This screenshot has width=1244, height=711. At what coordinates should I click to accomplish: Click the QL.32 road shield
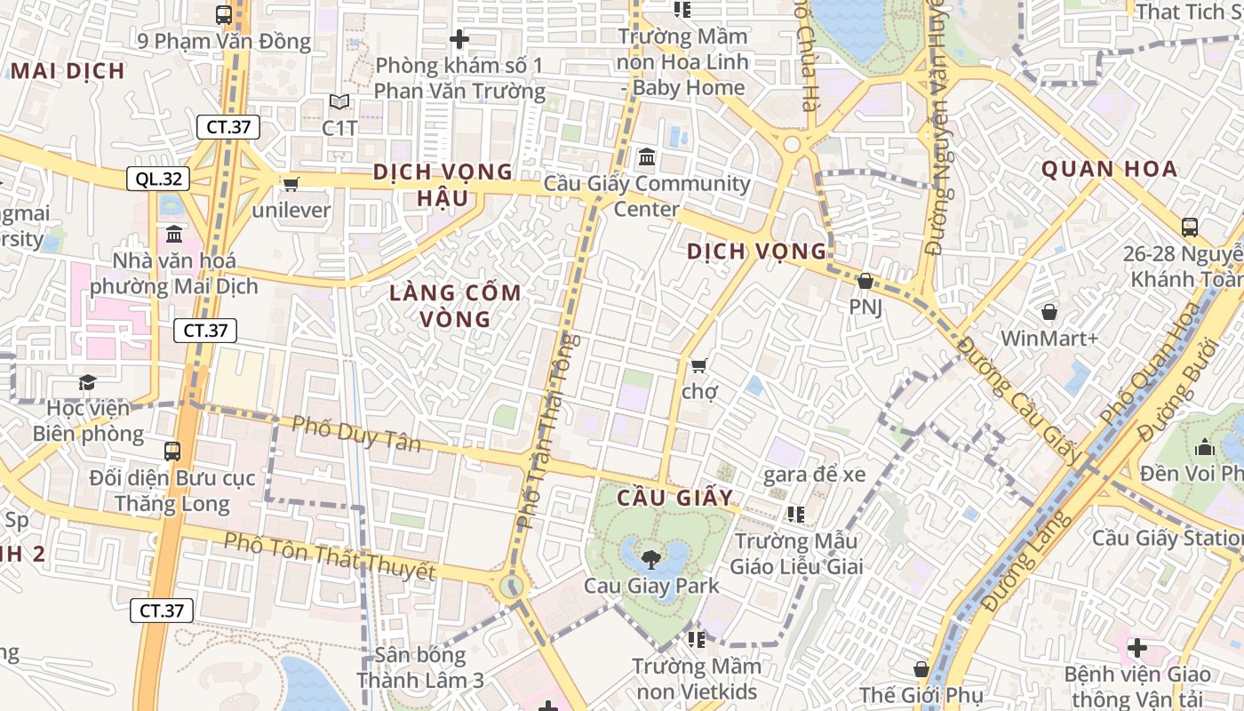(159, 179)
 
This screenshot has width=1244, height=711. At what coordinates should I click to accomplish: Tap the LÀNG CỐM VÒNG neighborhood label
(456, 306)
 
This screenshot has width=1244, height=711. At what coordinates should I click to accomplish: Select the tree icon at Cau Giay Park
(650, 559)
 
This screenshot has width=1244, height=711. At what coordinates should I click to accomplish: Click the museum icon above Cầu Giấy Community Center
(647, 157)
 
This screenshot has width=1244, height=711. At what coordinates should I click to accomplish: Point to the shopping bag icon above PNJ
(865, 281)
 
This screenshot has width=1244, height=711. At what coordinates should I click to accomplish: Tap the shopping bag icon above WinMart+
(1049, 312)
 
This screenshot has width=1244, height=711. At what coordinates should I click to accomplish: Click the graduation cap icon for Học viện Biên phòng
(87, 382)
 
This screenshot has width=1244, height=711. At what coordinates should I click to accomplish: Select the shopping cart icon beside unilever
(291, 184)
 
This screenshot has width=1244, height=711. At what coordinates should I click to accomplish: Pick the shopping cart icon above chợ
(699, 365)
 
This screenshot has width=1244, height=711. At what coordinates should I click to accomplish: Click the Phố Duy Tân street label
(355, 433)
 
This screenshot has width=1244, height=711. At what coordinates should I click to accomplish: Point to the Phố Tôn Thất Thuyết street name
(330, 556)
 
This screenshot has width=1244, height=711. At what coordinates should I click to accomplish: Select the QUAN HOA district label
(1109, 169)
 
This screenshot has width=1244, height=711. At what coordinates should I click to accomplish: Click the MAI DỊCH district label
(68, 71)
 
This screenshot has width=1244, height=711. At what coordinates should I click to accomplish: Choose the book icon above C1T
(339, 102)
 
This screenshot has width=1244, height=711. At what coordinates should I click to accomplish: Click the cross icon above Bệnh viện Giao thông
(1136, 647)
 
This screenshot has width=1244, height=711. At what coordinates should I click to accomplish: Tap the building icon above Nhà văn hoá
(174, 235)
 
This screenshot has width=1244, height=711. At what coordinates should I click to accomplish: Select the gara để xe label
(814, 475)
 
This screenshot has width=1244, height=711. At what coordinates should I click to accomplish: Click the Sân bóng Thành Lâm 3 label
(420, 667)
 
